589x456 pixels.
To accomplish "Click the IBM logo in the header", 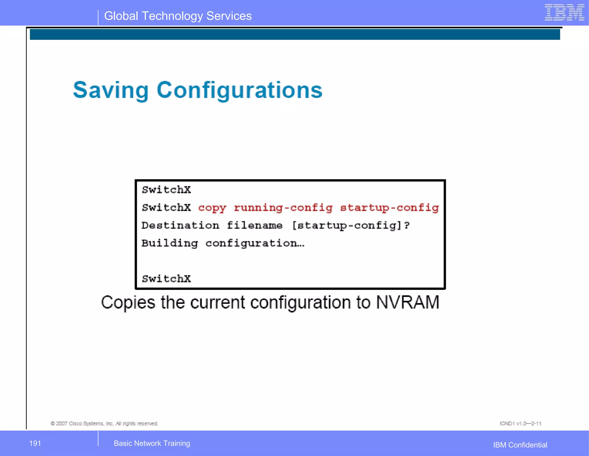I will tap(564, 13).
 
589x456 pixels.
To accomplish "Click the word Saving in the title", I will tap(111, 90).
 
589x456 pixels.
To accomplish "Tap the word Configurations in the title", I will tap(240, 90).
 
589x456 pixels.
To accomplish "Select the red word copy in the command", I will tap(212, 208).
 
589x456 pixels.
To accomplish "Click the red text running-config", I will tap(283, 208).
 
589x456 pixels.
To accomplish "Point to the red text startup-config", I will tap(389, 208).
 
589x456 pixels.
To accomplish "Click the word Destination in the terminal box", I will tap(180, 225).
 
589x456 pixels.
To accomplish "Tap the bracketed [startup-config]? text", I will tap(351, 225).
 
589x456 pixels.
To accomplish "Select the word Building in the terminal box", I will tap(170, 244).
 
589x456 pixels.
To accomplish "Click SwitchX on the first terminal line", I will tap(166, 190).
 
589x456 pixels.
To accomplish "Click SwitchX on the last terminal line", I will tap(166, 279).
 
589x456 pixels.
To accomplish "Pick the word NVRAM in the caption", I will tap(408, 303).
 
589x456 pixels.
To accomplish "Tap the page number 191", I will tap(35, 443).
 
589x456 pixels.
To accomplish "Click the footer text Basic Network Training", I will tap(152, 443).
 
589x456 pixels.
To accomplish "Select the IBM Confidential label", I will tap(520, 445).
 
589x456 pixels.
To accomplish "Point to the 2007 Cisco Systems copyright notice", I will tap(104, 423).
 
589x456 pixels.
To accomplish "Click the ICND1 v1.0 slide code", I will tap(520, 423).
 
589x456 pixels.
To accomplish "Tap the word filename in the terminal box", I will tap(255, 225).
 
